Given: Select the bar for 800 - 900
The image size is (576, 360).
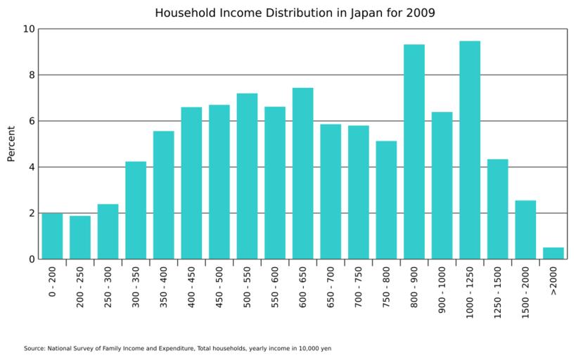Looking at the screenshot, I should [x=414, y=151].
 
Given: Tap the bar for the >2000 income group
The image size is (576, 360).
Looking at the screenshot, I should [x=553, y=253].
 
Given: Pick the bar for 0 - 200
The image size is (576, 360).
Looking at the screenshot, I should [x=52, y=236].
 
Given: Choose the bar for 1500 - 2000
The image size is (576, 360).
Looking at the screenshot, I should [x=525, y=229].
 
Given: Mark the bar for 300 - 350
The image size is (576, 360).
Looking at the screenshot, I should [x=136, y=210].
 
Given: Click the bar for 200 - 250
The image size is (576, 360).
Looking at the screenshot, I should [x=80, y=237].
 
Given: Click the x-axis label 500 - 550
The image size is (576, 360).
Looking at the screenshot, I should [x=248, y=288].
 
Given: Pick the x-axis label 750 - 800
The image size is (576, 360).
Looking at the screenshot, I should [x=386, y=288].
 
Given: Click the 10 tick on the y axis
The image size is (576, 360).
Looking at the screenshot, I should [x=28, y=29].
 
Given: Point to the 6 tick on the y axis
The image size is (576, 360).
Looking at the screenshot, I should [x=31, y=121].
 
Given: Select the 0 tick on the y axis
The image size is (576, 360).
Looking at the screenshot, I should [x=31, y=259].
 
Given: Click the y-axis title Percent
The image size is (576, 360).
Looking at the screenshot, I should [x=11, y=143].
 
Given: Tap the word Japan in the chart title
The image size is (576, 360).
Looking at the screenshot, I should [x=366, y=13].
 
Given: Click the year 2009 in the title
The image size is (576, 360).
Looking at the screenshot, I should [x=421, y=13].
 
